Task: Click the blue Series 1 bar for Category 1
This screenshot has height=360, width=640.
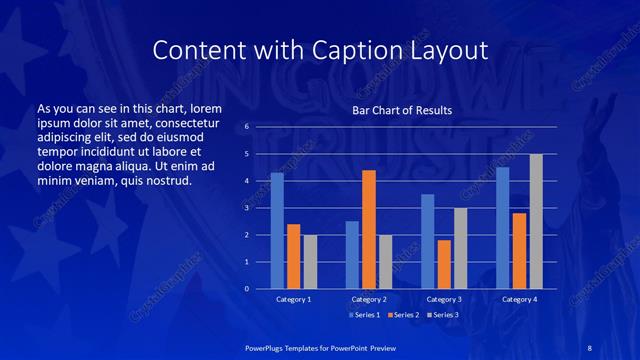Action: tap(277, 231)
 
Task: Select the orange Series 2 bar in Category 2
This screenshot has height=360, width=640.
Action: tap(368, 229)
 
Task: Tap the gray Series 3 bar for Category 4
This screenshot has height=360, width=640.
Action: tap(536, 221)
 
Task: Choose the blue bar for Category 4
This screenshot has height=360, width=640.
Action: tap(502, 228)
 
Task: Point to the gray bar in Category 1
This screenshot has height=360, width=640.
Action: tap(310, 262)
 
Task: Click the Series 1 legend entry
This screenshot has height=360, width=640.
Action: tap(364, 315)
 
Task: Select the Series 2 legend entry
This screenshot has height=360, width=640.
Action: tap(402, 315)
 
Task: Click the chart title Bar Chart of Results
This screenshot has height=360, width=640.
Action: tap(402, 110)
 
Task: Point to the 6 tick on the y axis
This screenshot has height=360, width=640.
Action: tap(247, 127)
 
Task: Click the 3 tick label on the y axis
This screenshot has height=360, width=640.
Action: tap(247, 208)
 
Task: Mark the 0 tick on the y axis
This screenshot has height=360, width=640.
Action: tap(247, 289)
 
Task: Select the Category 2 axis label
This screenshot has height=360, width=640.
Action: tap(368, 299)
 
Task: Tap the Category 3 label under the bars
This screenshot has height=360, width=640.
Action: tap(443, 299)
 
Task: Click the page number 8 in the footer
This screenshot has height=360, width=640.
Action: tap(589, 346)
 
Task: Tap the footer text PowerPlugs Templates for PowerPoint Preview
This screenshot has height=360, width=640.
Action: tap(320, 346)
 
